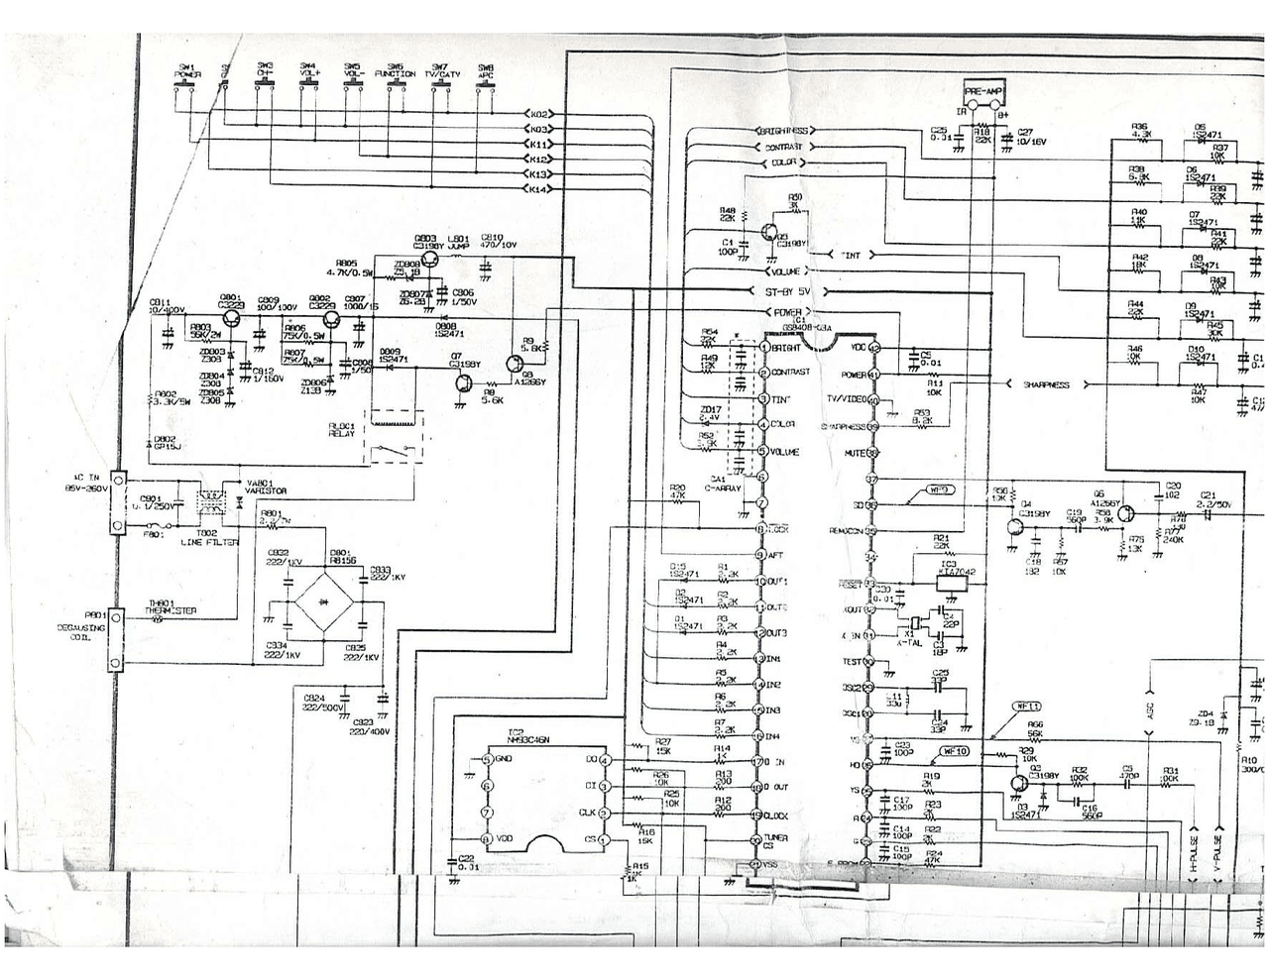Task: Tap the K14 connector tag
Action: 538,188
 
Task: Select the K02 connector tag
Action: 538,114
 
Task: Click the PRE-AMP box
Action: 984,91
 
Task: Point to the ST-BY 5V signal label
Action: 788,291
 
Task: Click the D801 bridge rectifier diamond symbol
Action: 323,601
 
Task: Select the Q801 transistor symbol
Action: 231,318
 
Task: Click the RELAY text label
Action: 343,434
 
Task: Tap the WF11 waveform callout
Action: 1027,707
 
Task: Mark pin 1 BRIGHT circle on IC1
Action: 762,348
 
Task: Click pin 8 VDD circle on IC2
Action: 486,838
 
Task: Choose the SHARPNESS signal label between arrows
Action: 1046,384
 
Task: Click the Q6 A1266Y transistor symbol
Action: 1127,511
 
